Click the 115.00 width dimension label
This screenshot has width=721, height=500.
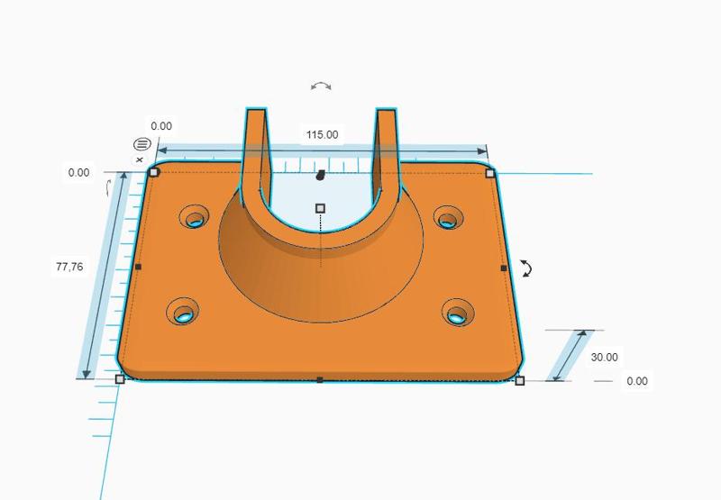coord(322,134)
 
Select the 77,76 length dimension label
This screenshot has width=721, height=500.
coord(69,267)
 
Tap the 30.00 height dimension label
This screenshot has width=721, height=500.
coord(604,358)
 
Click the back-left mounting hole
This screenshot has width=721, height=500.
coord(194,217)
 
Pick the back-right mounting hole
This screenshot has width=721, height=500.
coord(448,217)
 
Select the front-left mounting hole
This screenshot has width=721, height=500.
coord(185,312)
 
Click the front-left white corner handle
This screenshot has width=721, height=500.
coord(120,379)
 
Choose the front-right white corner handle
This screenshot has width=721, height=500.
coord(520,381)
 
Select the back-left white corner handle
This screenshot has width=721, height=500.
coord(154,172)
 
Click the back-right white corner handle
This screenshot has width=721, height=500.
coord(490,172)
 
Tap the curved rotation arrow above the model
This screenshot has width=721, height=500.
coord(321,86)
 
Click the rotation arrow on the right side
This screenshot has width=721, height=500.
coord(527,268)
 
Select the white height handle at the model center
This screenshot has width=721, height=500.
coord(320,208)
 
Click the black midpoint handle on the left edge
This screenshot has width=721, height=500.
coord(138,267)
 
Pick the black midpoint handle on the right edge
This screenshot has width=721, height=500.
coord(503,268)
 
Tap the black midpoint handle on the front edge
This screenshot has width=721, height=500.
coord(320,380)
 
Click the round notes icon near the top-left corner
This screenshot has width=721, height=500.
coord(141,144)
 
